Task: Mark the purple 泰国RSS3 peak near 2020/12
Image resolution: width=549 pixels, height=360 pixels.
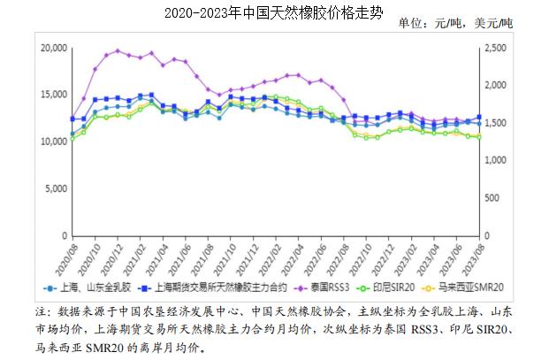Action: point(118,50)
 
